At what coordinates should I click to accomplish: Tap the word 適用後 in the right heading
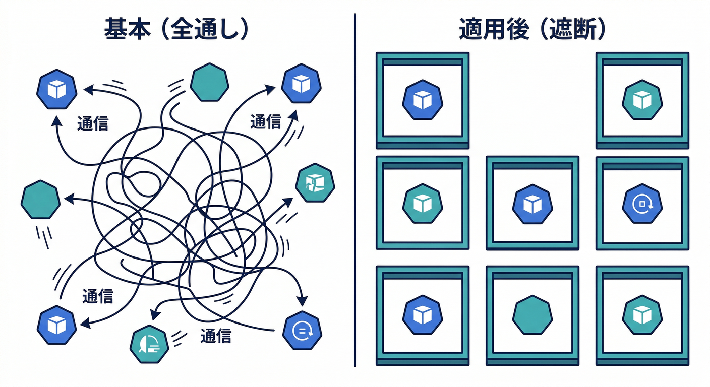(x=495, y=31)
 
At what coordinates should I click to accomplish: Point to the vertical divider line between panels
(x=355, y=191)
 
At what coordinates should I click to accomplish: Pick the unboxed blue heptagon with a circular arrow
(x=303, y=331)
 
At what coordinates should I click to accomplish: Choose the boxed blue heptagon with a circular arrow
(x=642, y=204)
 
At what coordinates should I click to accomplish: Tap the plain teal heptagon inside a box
(x=532, y=315)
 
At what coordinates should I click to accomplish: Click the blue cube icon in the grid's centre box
(x=532, y=204)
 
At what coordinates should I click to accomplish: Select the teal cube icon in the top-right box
(x=642, y=99)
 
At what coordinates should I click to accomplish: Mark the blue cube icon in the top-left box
(x=423, y=99)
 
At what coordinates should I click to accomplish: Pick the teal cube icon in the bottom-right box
(x=642, y=315)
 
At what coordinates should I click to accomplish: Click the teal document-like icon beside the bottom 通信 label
(x=149, y=344)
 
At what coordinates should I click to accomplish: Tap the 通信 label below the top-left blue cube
(x=93, y=124)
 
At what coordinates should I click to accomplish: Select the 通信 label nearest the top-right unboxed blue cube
(x=266, y=122)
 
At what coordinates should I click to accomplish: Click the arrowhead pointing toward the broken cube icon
(x=287, y=202)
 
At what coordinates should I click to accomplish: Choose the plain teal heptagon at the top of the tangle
(x=210, y=82)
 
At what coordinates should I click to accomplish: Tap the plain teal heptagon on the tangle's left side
(x=41, y=200)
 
